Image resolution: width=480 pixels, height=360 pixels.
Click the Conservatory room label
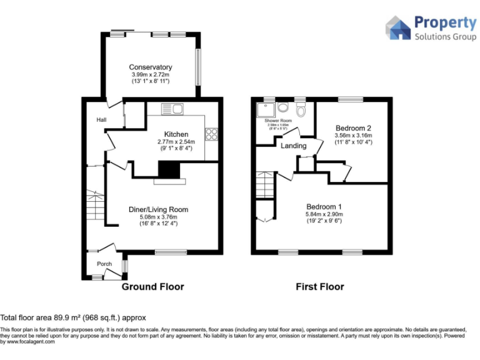(151, 67)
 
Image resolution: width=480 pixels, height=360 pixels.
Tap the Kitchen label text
(176, 134)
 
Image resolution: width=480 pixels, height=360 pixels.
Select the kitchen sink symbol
(171, 110)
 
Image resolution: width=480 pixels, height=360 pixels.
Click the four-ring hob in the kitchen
(211, 134)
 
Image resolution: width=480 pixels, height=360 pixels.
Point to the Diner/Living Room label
(159, 209)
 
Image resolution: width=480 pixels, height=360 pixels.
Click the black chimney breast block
(167, 170)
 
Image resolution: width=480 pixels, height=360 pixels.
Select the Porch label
(104, 264)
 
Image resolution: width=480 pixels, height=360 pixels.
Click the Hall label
(101, 120)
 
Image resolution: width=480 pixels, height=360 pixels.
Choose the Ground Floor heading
(152, 287)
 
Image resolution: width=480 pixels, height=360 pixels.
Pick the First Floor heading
(319, 287)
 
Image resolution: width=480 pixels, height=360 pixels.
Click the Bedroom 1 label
(324, 207)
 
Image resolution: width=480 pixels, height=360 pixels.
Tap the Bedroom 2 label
(353, 127)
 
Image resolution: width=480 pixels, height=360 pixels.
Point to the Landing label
(293, 146)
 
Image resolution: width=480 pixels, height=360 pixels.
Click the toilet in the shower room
(301, 111)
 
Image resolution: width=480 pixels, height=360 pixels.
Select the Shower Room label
(278, 121)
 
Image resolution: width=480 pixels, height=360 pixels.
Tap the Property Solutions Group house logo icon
(397, 28)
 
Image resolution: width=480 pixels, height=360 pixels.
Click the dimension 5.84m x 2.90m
(324, 214)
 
